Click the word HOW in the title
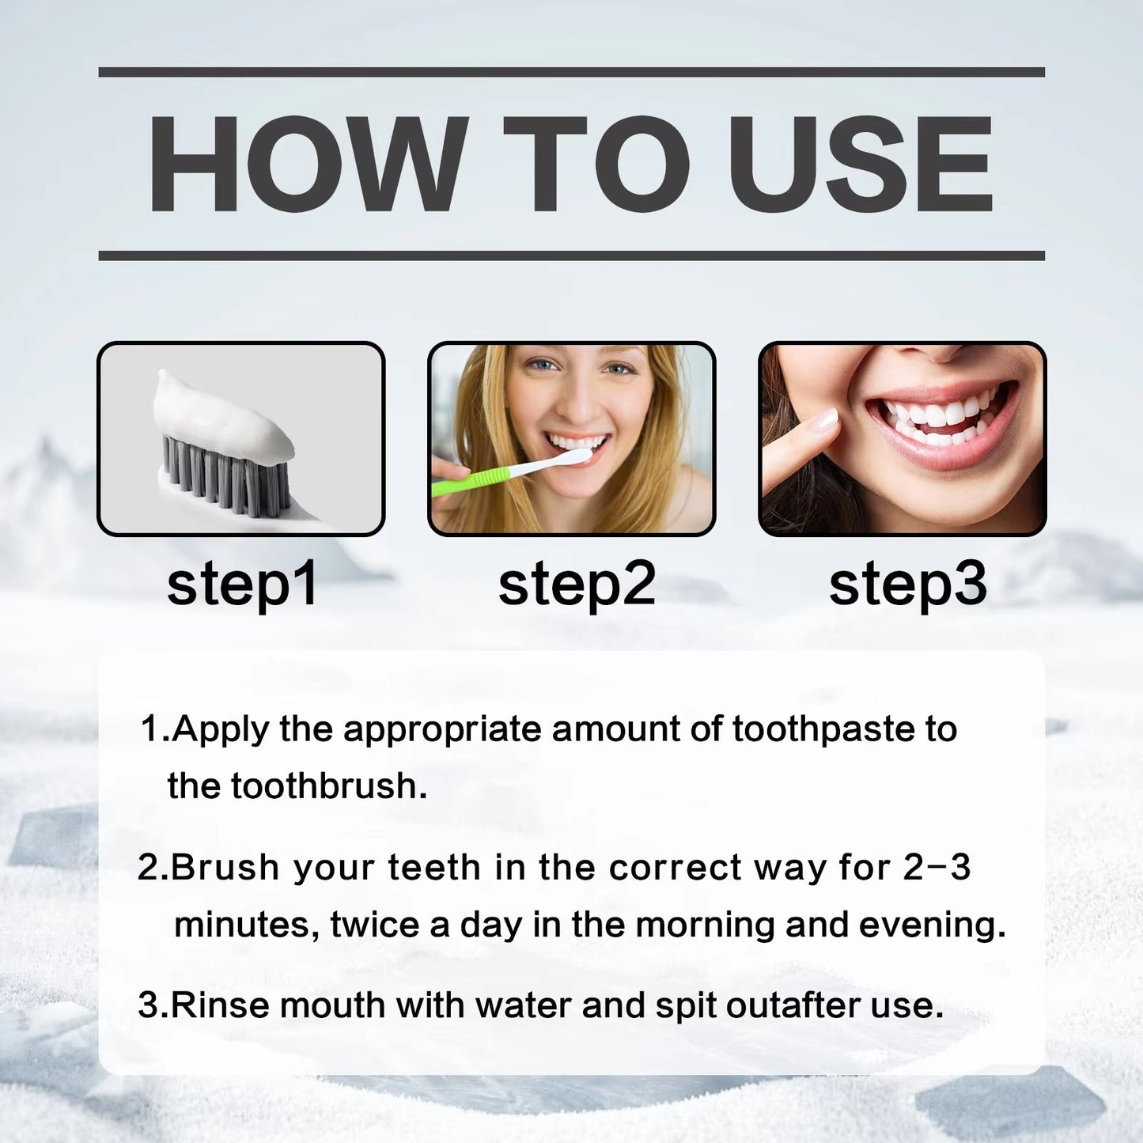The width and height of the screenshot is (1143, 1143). (308, 163)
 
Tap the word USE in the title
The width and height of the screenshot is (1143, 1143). (857, 163)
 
